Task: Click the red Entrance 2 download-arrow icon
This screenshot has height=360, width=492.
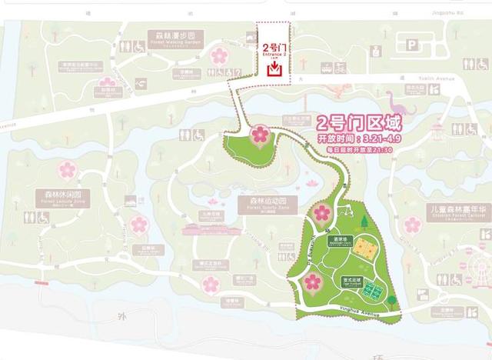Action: click(273, 68)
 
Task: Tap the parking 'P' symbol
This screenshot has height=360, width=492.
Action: click(412, 47)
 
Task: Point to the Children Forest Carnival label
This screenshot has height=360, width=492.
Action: click(457, 210)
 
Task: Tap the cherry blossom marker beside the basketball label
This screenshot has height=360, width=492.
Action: click(321, 213)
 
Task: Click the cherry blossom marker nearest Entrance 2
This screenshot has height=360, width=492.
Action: click(261, 134)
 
